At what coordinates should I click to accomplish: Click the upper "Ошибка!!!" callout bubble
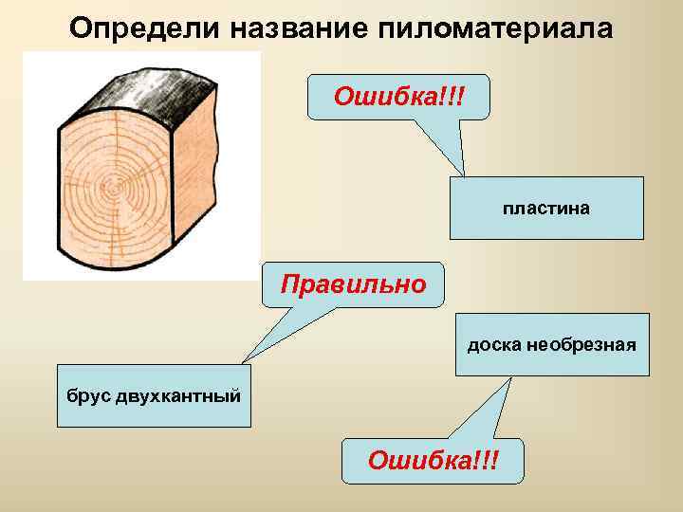coord(398,97)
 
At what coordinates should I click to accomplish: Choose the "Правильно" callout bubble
coord(352,284)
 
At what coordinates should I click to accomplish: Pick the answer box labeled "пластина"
coord(546,208)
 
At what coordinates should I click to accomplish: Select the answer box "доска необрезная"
coord(551,344)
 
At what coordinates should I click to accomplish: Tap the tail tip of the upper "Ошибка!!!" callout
coord(463,176)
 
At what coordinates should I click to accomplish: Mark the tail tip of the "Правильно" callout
coord(244,362)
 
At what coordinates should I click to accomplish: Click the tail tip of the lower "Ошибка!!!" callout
coord(512,377)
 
